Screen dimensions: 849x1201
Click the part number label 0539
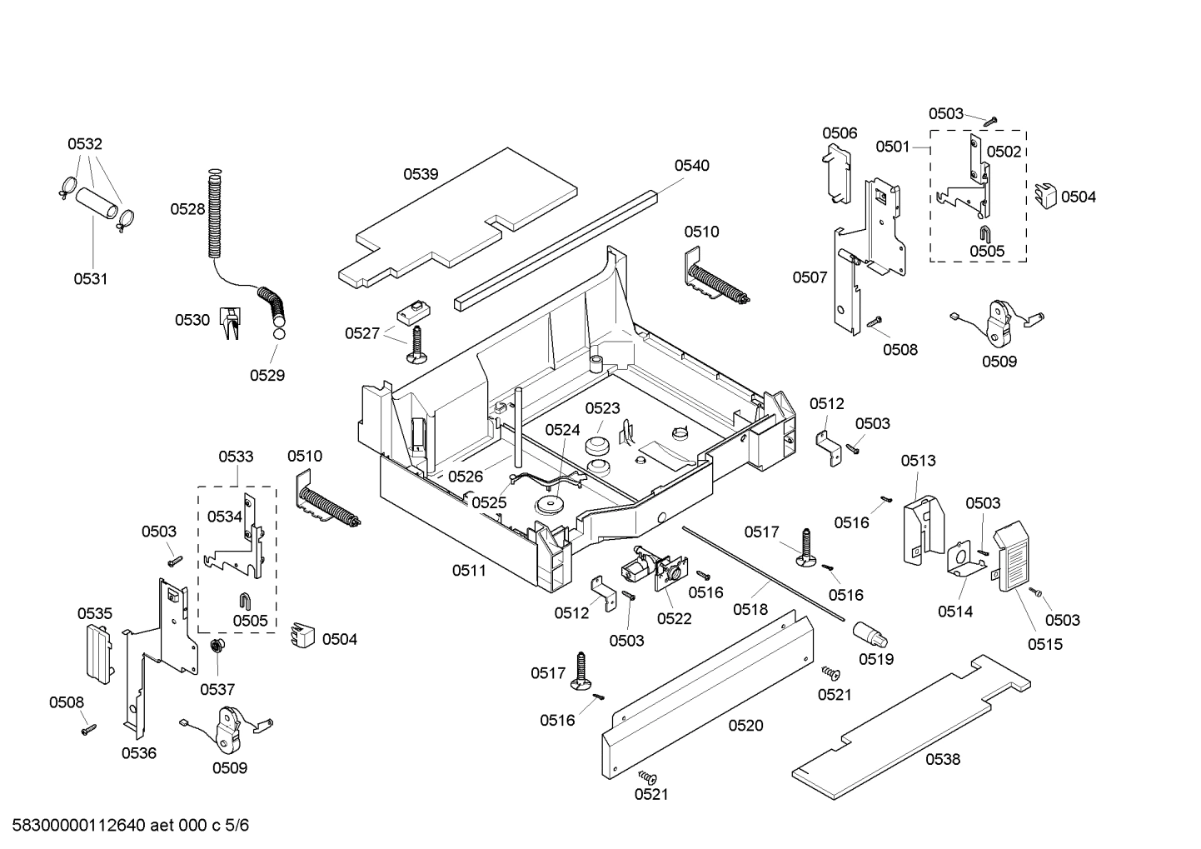[x=421, y=174]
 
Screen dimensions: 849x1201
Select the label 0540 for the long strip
[x=691, y=165]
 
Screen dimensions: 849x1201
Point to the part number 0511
[x=469, y=570]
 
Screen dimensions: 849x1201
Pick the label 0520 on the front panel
[x=745, y=726]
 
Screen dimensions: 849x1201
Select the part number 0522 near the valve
[x=674, y=618]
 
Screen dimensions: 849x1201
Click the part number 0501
[x=892, y=147]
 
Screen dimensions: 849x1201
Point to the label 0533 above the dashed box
[x=236, y=457]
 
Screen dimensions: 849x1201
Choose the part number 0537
[x=217, y=689]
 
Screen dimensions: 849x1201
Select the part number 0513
[x=918, y=460]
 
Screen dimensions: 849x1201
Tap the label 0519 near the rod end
[x=876, y=658]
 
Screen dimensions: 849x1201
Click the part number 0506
[x=840, y=133]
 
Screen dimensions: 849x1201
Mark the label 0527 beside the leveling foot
[x=362, y=333]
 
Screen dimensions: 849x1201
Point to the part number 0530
[x=192, y=320]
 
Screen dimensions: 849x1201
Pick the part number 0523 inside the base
[x=602, y=408]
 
